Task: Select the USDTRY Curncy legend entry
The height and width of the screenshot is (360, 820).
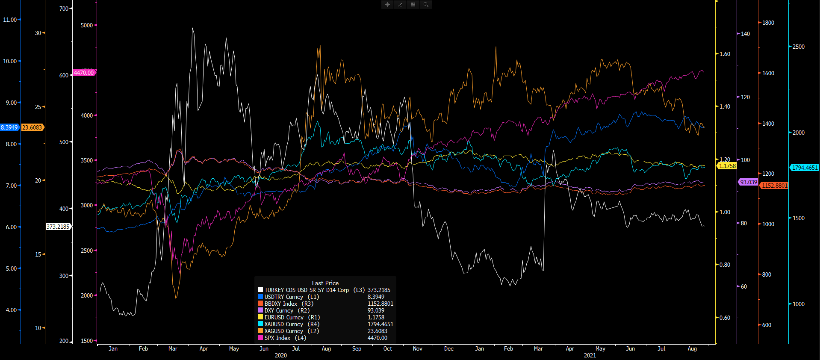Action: (x=283, y=297)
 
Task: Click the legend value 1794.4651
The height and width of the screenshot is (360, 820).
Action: (x=380, y=324)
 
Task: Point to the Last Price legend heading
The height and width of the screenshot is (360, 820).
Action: (x=325, y=283)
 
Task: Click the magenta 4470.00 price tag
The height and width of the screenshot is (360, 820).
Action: (x=84, y=73)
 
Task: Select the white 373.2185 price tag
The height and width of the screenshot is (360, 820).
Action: (x=58, y=227)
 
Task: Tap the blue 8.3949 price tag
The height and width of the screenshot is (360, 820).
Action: (x=9, y=127)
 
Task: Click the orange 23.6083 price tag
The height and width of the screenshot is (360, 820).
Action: (x=32, y=127)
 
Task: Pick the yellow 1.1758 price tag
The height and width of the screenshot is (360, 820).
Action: (x=727, y=166)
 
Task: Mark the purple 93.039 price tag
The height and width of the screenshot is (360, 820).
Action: (x=749, y=182)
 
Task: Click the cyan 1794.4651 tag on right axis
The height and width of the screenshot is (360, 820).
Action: (x=805, y=168)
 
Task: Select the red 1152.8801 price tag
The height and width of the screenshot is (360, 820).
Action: (x=774, y=186)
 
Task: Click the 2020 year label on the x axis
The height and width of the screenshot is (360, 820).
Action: (x=281, y=355)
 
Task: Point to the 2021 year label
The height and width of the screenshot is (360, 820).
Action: (x=590, y=355)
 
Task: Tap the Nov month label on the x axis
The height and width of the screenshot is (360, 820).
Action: (x=418, y=348)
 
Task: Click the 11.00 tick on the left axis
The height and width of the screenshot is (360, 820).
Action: (x=10, y=20)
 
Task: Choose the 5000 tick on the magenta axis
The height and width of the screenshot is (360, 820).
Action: (x=87, y=25)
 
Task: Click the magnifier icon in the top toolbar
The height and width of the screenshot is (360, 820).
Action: (x=426, y=5)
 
